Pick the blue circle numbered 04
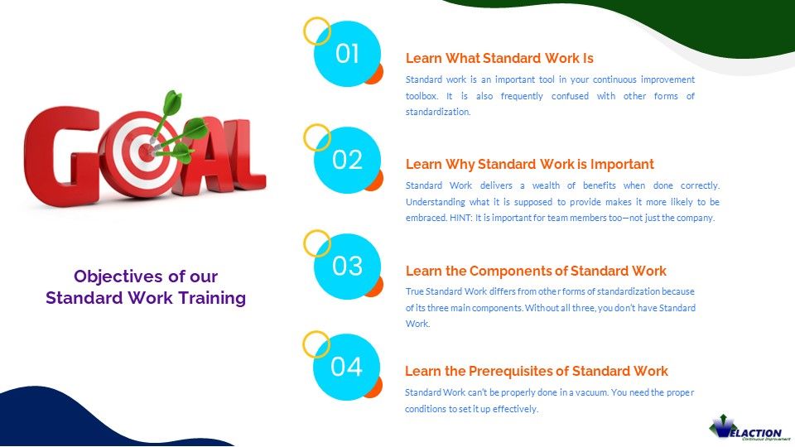pyautogui.click(x=347, y=367)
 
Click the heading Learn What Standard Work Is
pyautogui.click(x=499, y=58)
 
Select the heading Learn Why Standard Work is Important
pyautogui.click(x=529, y=164)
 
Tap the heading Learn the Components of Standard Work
pyautogui.click(x=536, y=271)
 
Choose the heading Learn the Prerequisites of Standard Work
pyautogui.click(x=536, y=371)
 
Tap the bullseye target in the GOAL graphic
pyautogui.click(x=146, y=152)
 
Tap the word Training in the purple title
pyautogui.click(x=211, y=298)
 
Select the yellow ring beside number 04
pyautogui.click(x=316, y=344)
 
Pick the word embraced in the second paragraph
pyautogui.click(x=425, y=218)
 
